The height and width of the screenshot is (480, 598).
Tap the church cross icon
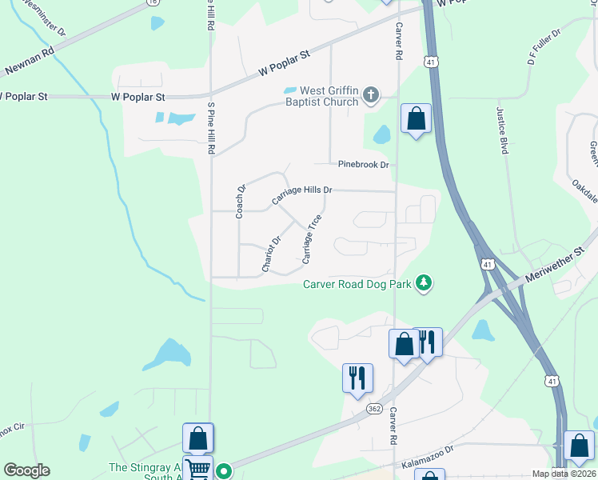click(x=370, y=96)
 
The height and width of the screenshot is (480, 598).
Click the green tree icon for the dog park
click(x=425, y=283)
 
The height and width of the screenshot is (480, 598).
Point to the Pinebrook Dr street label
click(x=363, y=165)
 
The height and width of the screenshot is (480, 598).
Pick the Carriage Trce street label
click(x=312, y=239)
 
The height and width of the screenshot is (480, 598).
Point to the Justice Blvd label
click(x=504, y=126)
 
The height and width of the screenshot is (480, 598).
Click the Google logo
click(x=26, y=470)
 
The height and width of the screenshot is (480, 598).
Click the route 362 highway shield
click(x=374, y=408)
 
